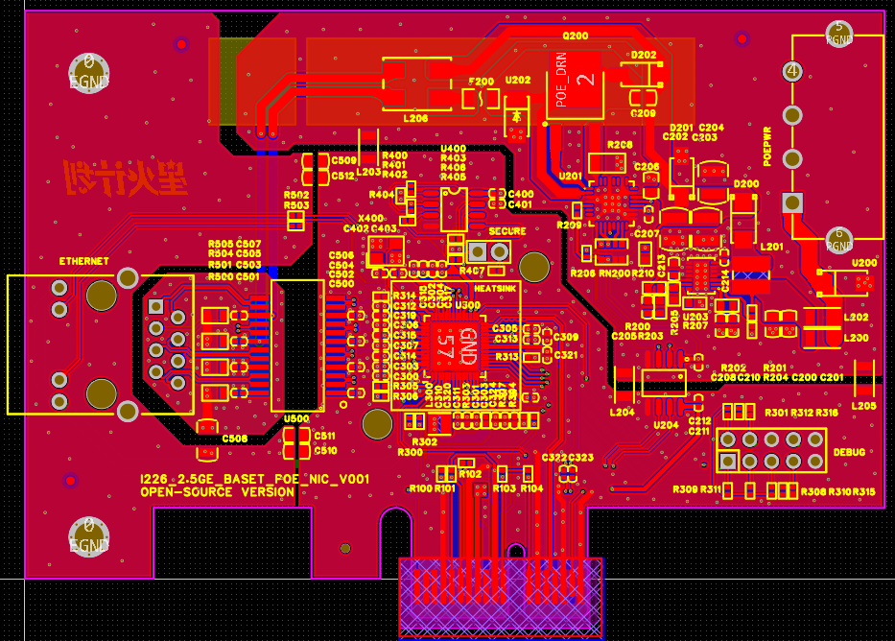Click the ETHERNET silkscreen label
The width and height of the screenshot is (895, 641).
tap(83, 261)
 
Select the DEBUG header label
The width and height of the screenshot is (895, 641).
tap(849, 451)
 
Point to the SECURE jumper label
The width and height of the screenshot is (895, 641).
tap(507, 231)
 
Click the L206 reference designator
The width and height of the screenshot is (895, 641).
tap(415, 118)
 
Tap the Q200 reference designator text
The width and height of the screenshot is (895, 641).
tap(576, 36)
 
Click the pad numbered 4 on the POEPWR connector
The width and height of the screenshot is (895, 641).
tap(792, 71)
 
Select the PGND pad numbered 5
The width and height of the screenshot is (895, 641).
tap(839, 34)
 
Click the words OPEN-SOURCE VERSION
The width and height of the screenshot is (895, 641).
tap(218, 492)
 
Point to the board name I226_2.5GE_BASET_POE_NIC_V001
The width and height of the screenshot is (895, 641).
tap(254, 479)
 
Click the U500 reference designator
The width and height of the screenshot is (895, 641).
tap(296, 418)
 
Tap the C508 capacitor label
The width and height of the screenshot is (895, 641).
tap(235, 439)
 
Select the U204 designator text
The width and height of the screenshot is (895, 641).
tap(666, 424)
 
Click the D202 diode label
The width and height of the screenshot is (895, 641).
tap(644, 55)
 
